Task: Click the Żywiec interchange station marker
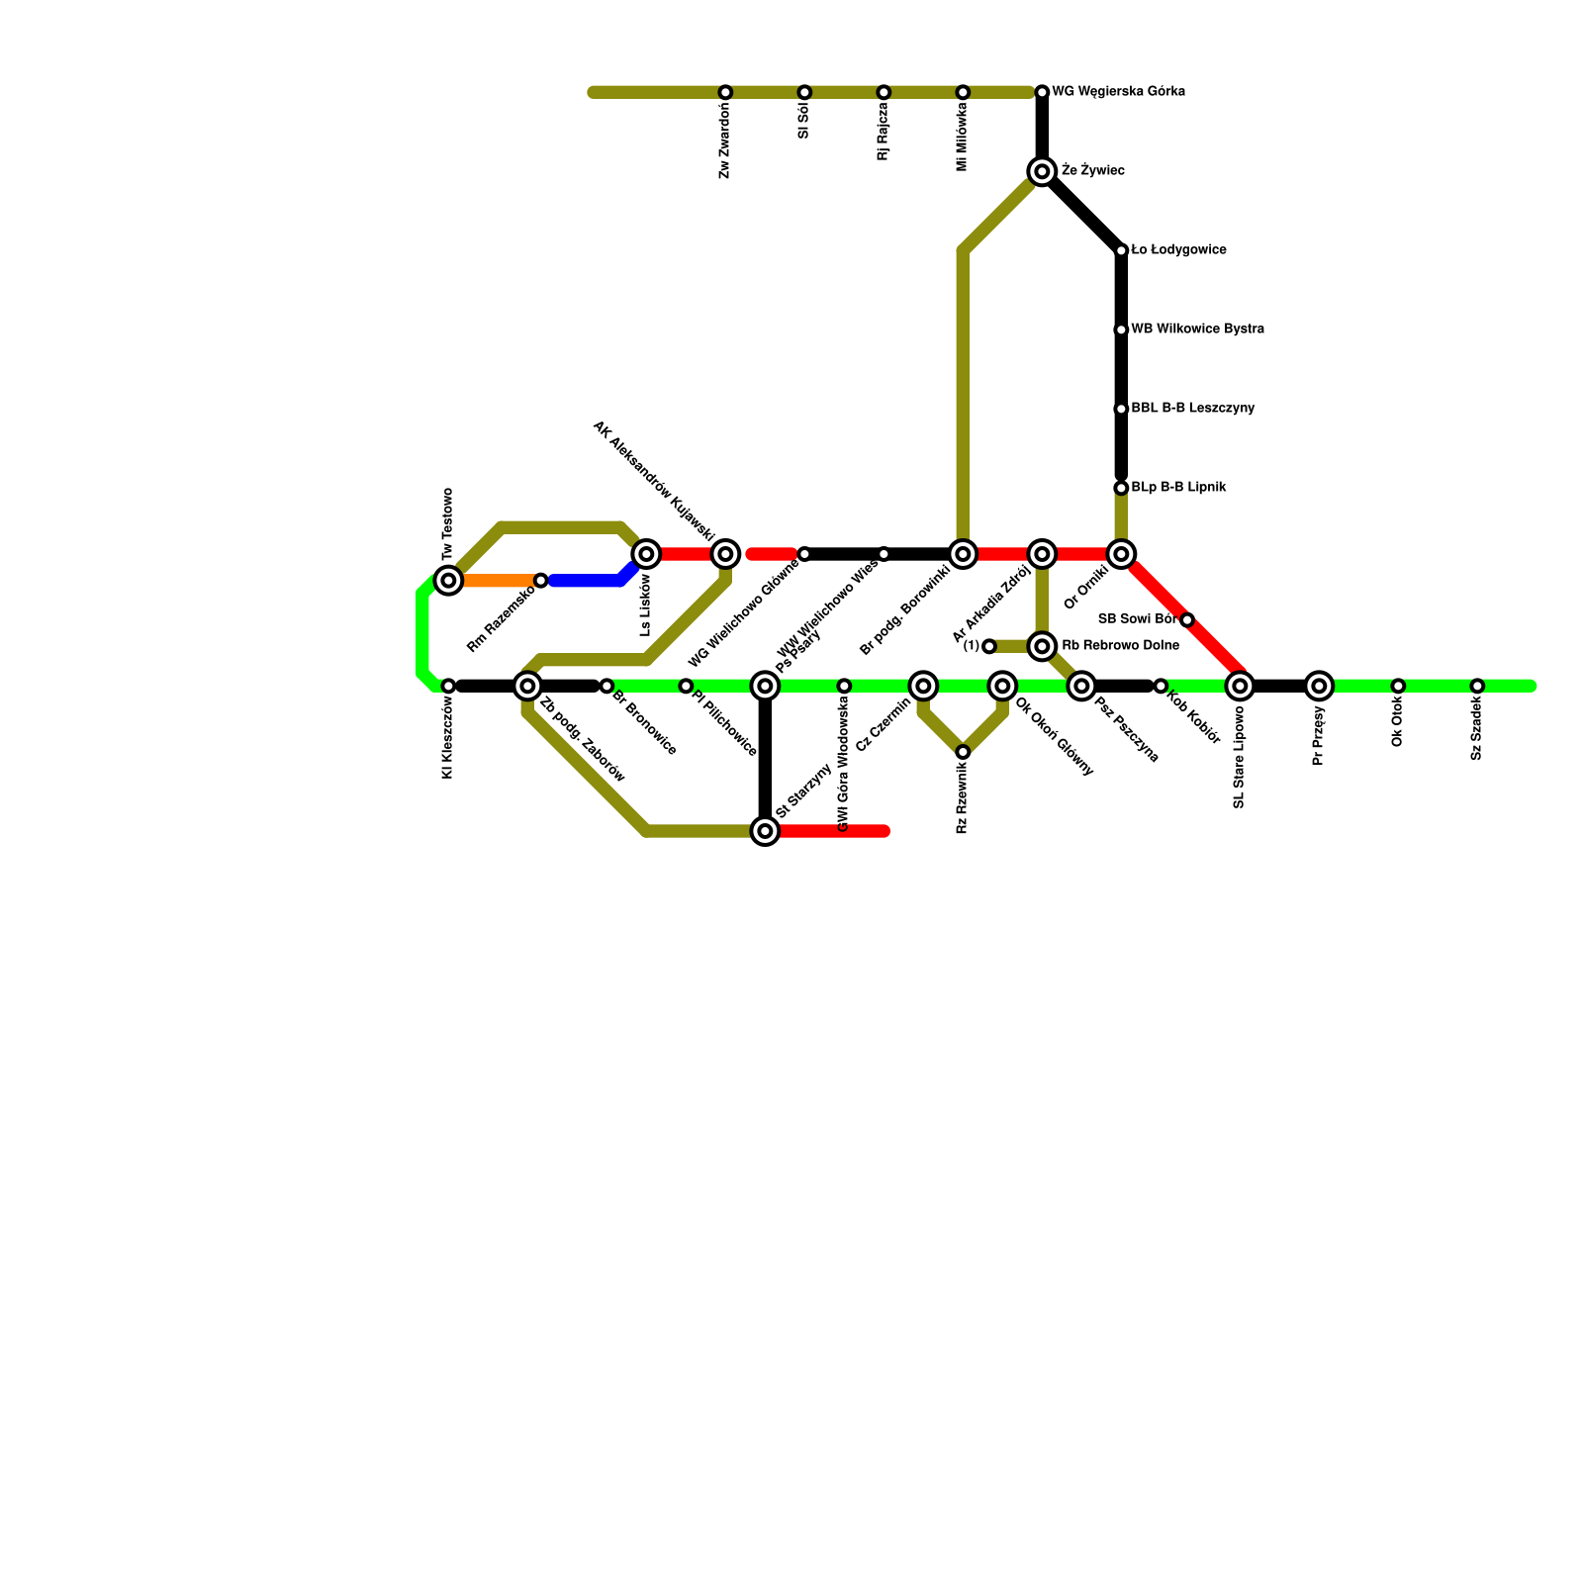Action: point(1042,171)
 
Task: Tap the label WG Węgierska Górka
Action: point(1118,92)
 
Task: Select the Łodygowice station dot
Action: point(1121,250)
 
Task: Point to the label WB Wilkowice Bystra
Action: point(1197,329)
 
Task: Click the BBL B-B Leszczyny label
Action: point(1192,409)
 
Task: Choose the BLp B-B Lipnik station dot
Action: point(1121,488)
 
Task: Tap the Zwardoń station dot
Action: point(725,92)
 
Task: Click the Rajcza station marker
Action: point(884,92)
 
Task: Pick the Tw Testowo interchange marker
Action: point(449,580)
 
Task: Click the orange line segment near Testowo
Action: point(495,581)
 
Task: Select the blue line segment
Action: point(589,581)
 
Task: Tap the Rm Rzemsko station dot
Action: point(541,580)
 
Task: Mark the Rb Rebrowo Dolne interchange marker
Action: point(1042,646)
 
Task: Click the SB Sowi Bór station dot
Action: point(1187,619)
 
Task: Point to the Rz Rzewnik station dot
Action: point(963,752)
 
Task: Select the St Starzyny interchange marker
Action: point(765,831)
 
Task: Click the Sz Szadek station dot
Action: point(1477,686)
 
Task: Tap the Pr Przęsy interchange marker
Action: point(1319,686)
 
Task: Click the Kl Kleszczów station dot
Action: point(448,686)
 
